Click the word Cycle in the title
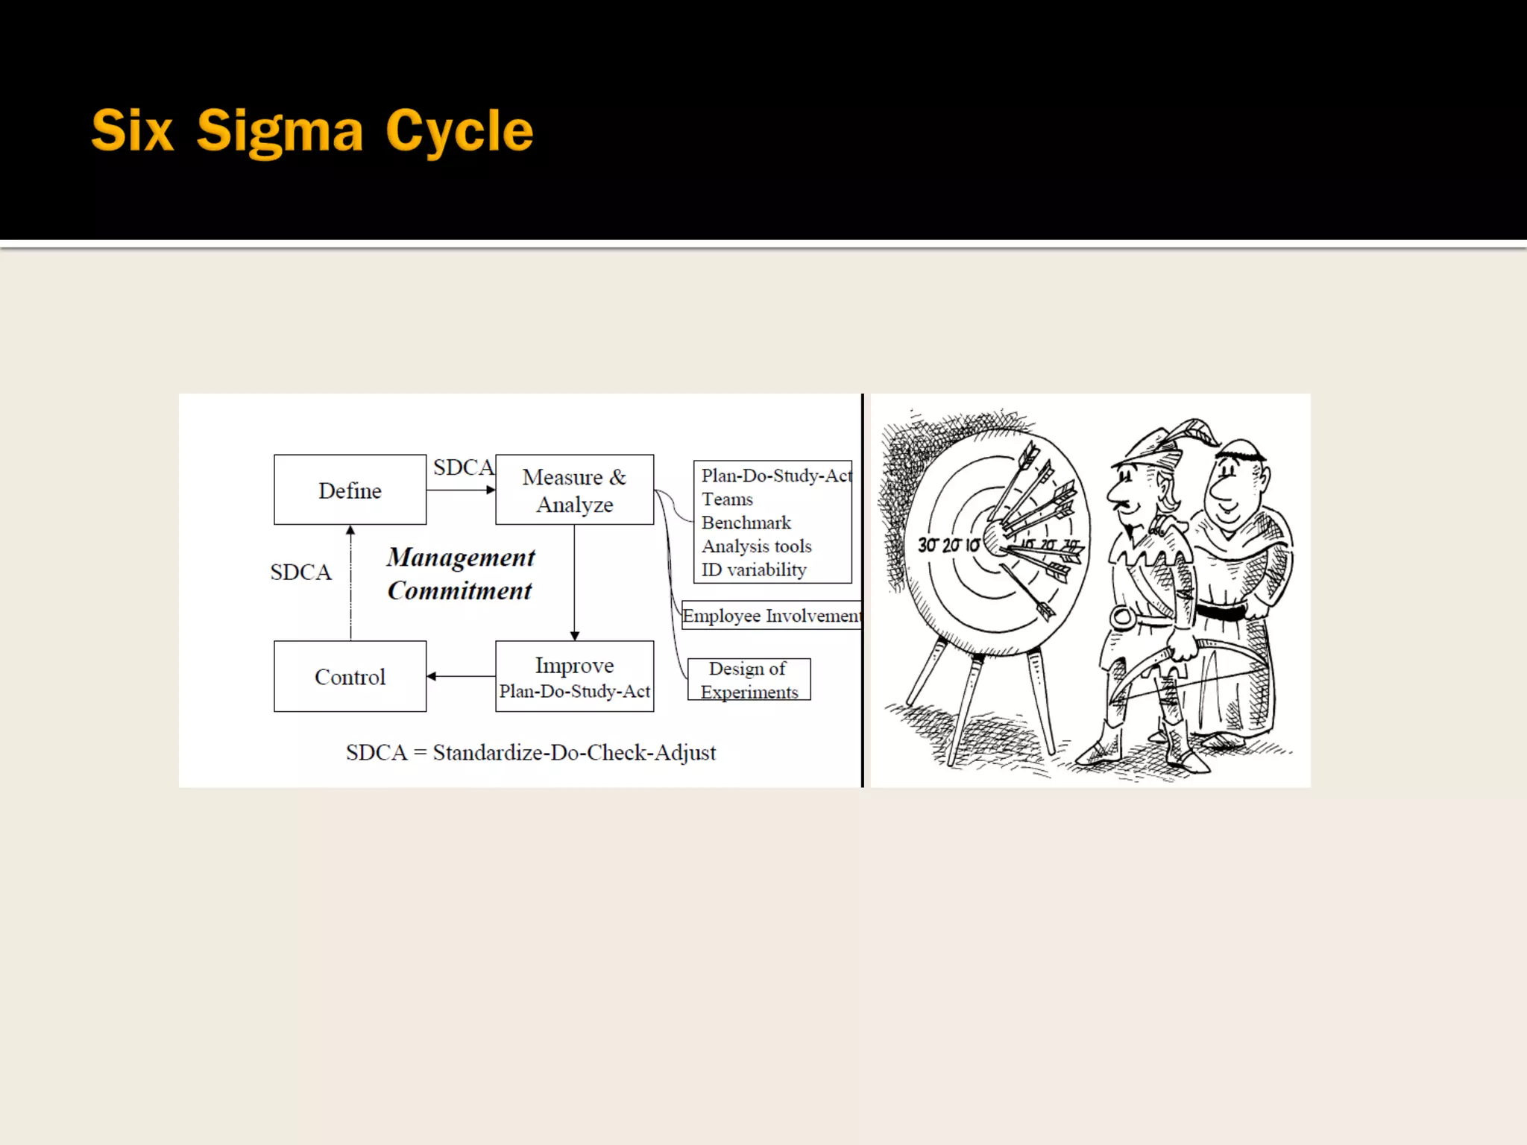[459, 131]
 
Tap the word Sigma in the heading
[280, 131]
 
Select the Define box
[350, 490]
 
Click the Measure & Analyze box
[574, 490]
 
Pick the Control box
[350, 676]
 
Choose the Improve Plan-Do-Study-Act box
[574, 676]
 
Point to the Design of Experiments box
[749, 679]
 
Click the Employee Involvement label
[772, 616]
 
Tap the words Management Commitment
[460, 573]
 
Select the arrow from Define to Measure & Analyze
[460, 490]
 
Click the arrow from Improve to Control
[461, 676]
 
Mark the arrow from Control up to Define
[350, 582]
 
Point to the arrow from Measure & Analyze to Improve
[574, 582]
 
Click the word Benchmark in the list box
[746, 523]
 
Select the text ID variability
[753, 570]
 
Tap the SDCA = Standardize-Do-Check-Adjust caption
[530, 752]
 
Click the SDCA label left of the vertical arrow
[300, 572]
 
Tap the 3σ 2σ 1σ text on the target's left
[948, 545]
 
